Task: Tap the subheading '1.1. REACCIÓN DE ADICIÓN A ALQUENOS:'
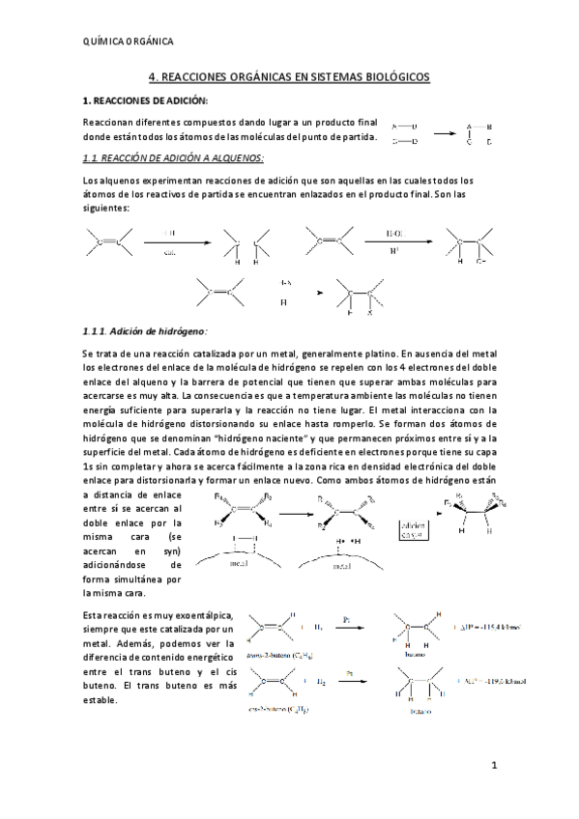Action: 172,157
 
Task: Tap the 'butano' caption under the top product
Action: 411,653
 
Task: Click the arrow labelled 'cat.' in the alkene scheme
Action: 170,242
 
